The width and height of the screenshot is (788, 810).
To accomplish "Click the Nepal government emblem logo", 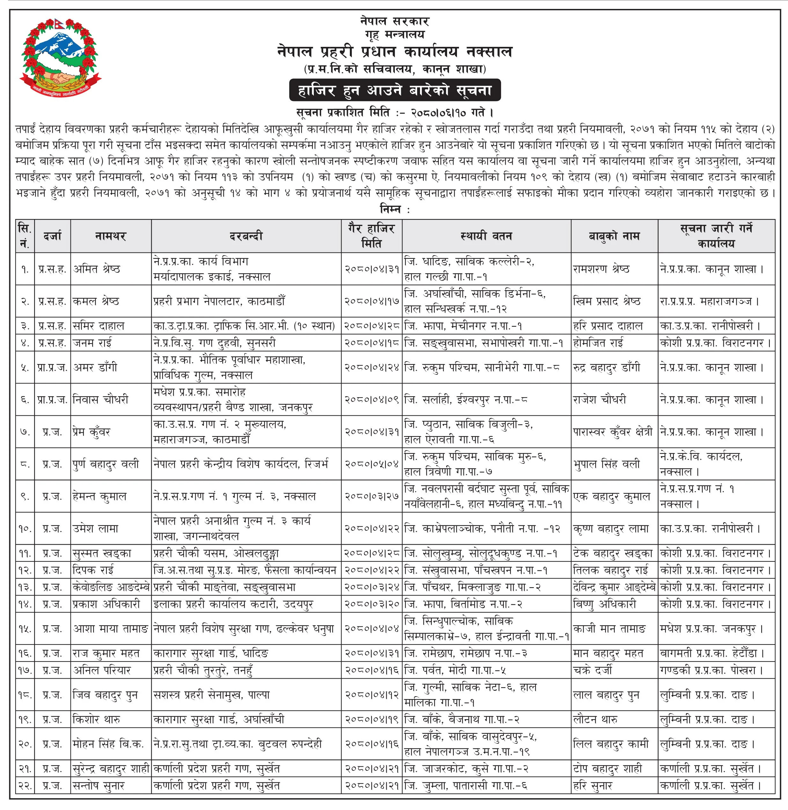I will tap(60, 57).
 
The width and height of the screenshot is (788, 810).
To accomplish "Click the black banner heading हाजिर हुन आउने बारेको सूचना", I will tap(394, 90).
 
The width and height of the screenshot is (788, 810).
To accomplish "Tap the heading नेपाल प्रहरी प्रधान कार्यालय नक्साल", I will tap(394, 52).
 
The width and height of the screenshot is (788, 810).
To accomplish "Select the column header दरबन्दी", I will tap(246, 236).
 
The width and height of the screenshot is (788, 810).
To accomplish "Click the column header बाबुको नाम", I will tap(614, 236).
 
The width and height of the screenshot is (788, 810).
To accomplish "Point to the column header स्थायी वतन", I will tap(486, 236).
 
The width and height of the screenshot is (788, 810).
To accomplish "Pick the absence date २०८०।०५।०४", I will tap(371, 464).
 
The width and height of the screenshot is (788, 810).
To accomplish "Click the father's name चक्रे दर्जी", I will tap(592, 670).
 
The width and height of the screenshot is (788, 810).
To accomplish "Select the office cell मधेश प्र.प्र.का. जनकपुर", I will tap(711, 629).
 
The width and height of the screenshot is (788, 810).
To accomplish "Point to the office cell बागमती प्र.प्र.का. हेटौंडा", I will tap(711, 653).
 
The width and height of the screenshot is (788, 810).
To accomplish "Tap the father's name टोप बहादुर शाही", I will tap(607, 769).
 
